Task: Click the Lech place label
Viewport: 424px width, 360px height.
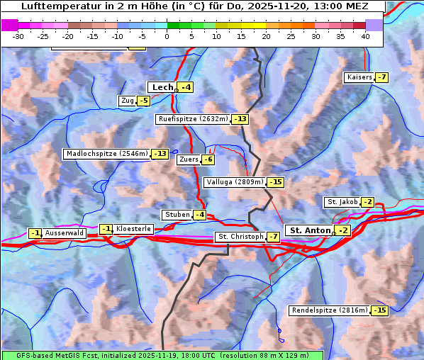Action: click(x=162, y=87)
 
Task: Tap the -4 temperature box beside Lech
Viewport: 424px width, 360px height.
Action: click(x=186, y=87)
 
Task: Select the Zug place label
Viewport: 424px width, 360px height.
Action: click(x=128, y=101)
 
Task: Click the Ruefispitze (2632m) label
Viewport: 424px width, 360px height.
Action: click(x=194, y=119)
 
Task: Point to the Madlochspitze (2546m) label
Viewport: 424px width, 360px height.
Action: click(x=106, y=154)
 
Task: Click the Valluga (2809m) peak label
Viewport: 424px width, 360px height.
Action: click(x=235, y=182)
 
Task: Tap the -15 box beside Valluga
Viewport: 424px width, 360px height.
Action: click(x=276, y=182)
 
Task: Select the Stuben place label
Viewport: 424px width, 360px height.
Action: click(x=177, y=215)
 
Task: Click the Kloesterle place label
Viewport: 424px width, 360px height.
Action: click(x=133, y=229)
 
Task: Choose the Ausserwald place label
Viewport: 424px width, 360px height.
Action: click(x=65, y=232)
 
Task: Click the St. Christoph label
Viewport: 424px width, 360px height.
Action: click(x=240, y=237)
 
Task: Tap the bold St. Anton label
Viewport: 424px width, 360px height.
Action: click(x=311, y=230)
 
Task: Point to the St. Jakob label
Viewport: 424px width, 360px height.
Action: click(x=342, y=202)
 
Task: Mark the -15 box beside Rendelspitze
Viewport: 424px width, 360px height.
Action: click(x=381, y=310)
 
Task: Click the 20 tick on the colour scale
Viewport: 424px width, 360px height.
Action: click(x=266, y=35)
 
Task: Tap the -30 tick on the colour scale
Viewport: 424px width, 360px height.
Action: click(x=19, y=35)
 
